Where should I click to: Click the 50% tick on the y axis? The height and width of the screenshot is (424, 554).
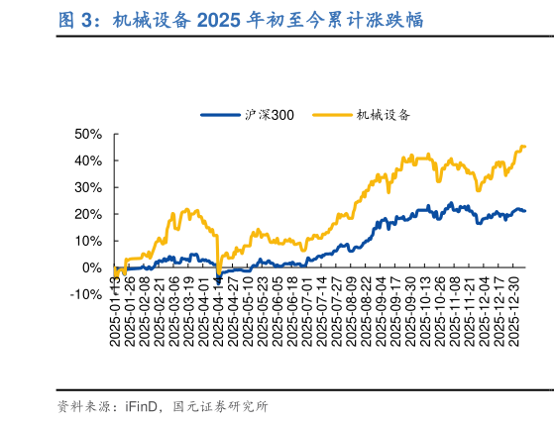click(88, 134)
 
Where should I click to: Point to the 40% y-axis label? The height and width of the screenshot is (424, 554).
click(88, 160)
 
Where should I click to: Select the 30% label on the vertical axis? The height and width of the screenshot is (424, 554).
click(88, 187)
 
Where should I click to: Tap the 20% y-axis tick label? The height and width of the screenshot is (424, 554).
click(88, 214)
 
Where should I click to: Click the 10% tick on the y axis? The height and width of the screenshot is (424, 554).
click(88, 241)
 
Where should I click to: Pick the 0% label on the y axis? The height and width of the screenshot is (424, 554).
click(92, 267)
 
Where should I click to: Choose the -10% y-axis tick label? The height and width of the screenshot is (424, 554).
click(86, 294)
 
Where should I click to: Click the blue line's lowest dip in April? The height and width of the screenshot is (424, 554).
click(218, 280)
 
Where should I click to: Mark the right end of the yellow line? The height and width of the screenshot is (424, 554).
click(524, 147)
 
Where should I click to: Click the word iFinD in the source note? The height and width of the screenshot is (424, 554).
click(143, 405)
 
